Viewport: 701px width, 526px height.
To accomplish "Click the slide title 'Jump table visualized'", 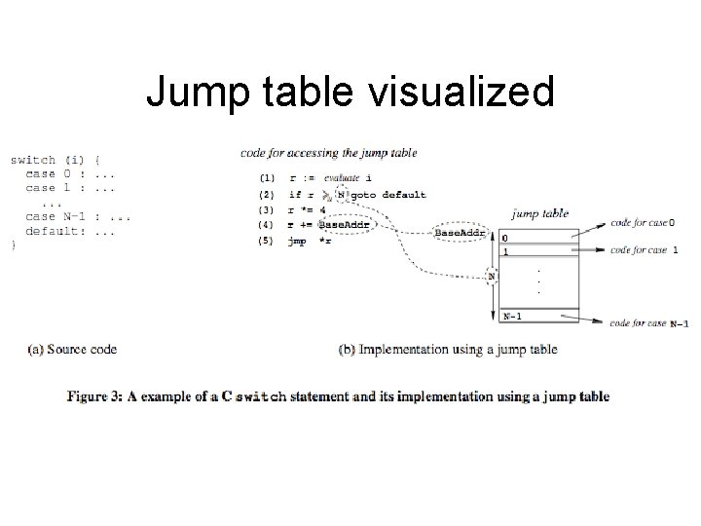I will point(350,94).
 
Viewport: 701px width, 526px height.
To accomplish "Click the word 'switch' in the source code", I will point(33,160).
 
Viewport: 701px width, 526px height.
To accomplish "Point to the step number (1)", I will point(267,178).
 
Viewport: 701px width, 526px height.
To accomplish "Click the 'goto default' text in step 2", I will point(387,195).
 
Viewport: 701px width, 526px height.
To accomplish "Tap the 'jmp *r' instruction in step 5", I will point(310,241).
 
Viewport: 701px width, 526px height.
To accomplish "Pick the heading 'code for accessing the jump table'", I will point(328,152).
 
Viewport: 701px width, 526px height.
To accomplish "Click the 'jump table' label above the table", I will point(539,214).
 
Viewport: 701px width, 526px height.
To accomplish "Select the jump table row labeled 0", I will point(538,237).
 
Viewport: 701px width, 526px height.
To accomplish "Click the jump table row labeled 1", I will point(538,250).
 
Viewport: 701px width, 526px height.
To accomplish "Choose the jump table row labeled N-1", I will point(538,316).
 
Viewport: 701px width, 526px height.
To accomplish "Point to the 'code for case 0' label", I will point(643,223).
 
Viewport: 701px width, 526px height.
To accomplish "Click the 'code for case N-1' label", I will point(648,322).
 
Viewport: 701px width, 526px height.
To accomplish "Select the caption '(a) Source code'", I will point(72,349).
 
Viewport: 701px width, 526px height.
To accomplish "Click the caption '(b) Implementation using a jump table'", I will point(447,349).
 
